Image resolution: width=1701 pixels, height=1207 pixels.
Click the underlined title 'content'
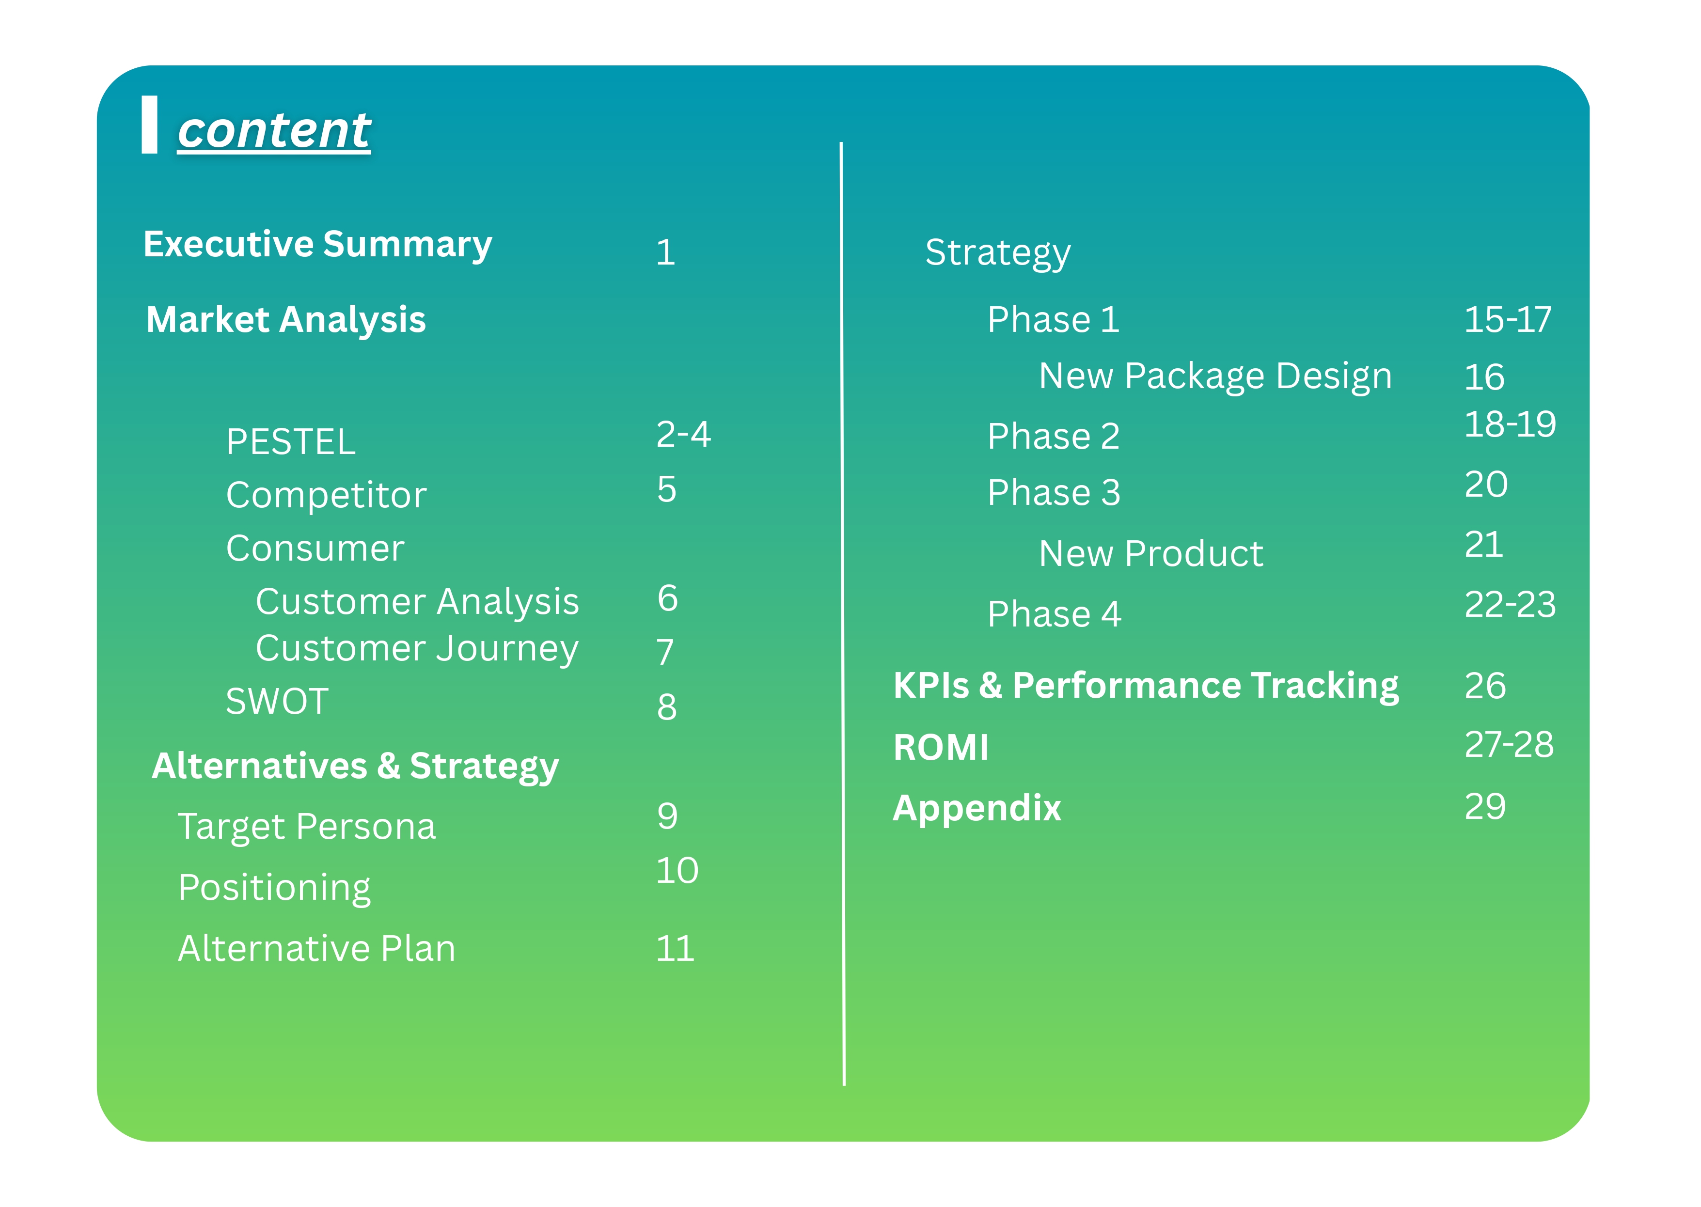coord(274,131)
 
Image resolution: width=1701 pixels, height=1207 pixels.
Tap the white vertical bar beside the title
coord(149,125)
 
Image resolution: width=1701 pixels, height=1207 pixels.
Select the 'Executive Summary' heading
coord(317,245)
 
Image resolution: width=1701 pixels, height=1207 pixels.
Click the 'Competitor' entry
coord(326,495)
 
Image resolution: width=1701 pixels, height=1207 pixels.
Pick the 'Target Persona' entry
coord(307,827)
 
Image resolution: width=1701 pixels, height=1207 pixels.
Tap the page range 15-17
coord(1508,320)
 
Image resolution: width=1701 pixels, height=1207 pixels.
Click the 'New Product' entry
coord(1151,554)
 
